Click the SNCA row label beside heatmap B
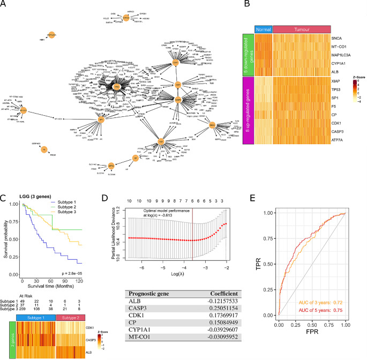tap(339, 39)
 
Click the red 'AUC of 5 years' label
tap(318, 338)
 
